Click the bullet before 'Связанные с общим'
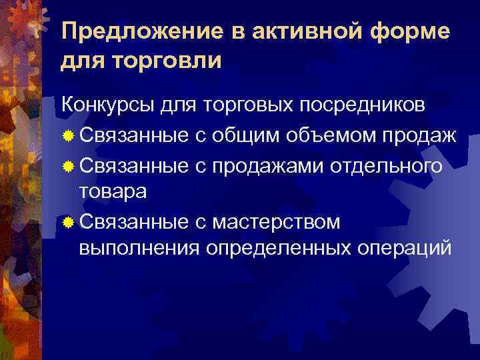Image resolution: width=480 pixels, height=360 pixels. (x=67, y=137)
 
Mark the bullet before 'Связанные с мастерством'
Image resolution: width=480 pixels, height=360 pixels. (x=67, y=222)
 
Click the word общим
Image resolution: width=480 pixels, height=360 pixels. (x=248, y=136)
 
